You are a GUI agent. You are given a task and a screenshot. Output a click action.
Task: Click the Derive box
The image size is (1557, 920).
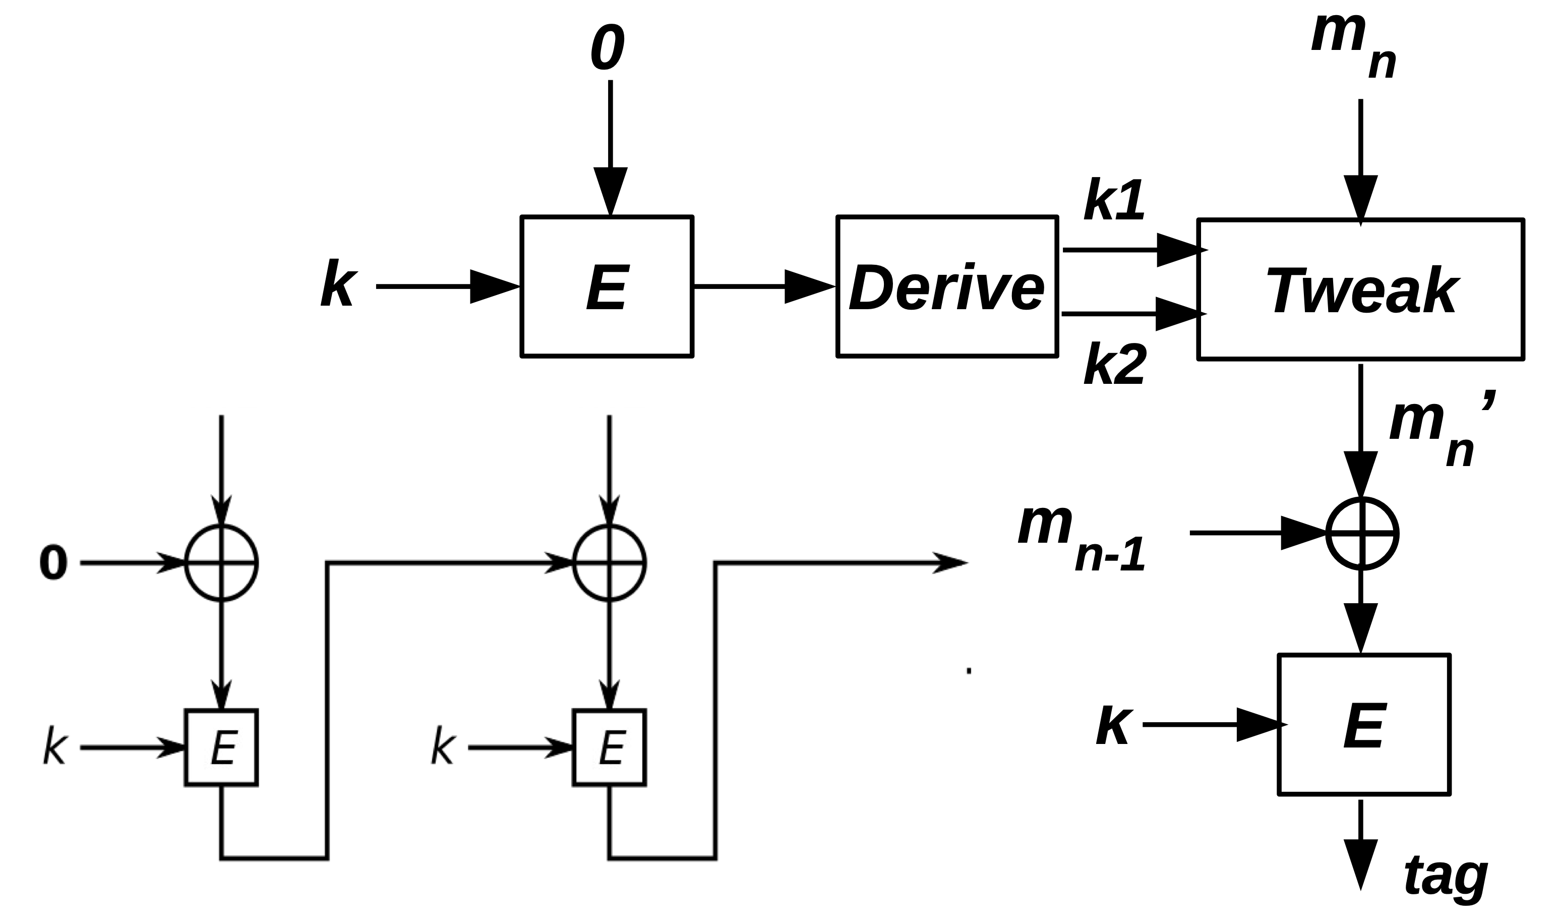coord(947,287)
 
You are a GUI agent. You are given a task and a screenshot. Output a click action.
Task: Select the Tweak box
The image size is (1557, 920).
coord(1360,290)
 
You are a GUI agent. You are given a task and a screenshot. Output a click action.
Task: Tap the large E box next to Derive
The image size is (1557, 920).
coord(607,287)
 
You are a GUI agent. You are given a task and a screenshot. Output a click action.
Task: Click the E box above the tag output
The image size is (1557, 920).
coord(1364,724)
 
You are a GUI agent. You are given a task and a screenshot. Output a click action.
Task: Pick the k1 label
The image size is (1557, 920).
coord(1114,201)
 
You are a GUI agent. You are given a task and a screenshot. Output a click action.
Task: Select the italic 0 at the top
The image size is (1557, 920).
coord(607,48)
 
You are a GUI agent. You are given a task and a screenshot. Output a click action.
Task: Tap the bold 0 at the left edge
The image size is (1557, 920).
coord(53,563)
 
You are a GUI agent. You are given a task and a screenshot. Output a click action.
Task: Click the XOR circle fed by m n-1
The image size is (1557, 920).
coord(1362,533)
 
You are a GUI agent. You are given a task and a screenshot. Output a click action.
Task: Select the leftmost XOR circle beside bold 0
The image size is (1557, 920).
coord(221,563)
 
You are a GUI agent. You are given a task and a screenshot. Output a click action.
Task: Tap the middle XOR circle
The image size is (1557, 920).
coord(609,563)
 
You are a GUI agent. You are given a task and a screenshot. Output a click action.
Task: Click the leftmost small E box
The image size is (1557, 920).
coord(221,747)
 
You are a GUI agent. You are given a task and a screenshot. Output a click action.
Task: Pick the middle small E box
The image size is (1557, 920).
coord(609,747)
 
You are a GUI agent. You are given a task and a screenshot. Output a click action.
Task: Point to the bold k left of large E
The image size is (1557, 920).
coord(338,284)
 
